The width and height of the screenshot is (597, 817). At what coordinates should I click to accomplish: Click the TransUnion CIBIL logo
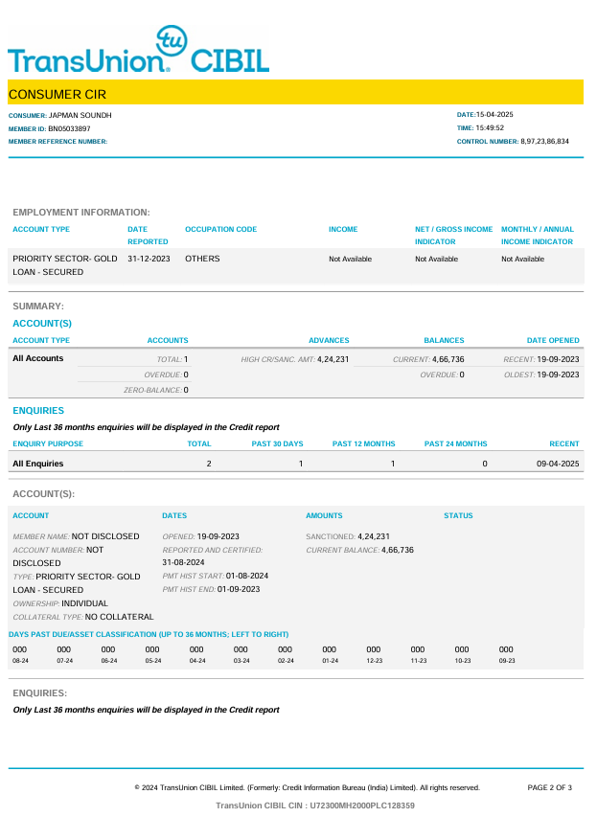(139, 53)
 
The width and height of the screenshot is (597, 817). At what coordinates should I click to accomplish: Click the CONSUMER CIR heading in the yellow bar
(57, 94)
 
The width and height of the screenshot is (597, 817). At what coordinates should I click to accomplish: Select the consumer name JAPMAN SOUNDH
(80, 115)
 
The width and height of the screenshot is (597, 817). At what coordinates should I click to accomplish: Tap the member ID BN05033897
(69, 128)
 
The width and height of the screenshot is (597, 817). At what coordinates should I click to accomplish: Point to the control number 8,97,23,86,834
(544, 141)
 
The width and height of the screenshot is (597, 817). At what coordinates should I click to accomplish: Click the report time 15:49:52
(494, 127)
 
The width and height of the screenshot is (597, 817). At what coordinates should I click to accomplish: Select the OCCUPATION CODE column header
(220, 230)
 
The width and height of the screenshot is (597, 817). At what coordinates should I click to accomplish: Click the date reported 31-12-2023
(149, 259)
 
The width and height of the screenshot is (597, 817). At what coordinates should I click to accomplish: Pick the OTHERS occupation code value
(202, 259)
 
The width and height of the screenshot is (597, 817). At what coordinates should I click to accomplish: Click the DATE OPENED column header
(553, 340)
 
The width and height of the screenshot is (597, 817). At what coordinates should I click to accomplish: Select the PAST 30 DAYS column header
(277, 443)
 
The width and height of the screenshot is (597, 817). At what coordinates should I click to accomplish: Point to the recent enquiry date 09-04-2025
(558, 464)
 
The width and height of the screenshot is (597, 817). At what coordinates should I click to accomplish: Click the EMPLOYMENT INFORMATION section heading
(81, 212)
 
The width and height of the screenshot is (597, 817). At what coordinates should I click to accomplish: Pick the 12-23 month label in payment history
(374, 661)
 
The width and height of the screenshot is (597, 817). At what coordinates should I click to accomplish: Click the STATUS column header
(458, 515)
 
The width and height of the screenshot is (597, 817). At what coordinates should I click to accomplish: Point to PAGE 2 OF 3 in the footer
(549, 787)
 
